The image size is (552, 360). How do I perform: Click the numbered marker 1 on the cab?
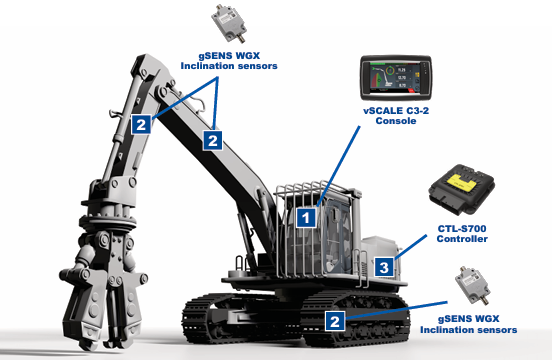coord(306,217)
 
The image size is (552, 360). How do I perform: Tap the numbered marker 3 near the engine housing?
coord(384,267)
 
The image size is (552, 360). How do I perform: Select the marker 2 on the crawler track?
coord(335,321)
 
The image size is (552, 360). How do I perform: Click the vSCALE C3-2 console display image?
coord(396,77)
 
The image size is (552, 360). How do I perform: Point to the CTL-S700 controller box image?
coord(462,190)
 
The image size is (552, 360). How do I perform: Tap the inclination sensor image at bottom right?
coord(472,285)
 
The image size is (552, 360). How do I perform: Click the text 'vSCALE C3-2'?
coord(396,111)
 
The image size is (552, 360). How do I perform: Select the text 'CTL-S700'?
coord(462,229)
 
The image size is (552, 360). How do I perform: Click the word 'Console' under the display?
coord(396,121)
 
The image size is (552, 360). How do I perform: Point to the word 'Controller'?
coord(462,239)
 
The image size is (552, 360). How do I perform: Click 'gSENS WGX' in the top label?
coord(229,56)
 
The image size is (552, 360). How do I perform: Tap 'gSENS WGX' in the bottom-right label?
coord(469,319)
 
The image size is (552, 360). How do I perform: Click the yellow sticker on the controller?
coord(462,181)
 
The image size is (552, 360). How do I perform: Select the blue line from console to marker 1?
coord(338,166)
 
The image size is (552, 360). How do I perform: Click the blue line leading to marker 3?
coord(411,247)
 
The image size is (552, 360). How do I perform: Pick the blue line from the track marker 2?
coord(396,310)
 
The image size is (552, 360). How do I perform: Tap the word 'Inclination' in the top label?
coord(209,66)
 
